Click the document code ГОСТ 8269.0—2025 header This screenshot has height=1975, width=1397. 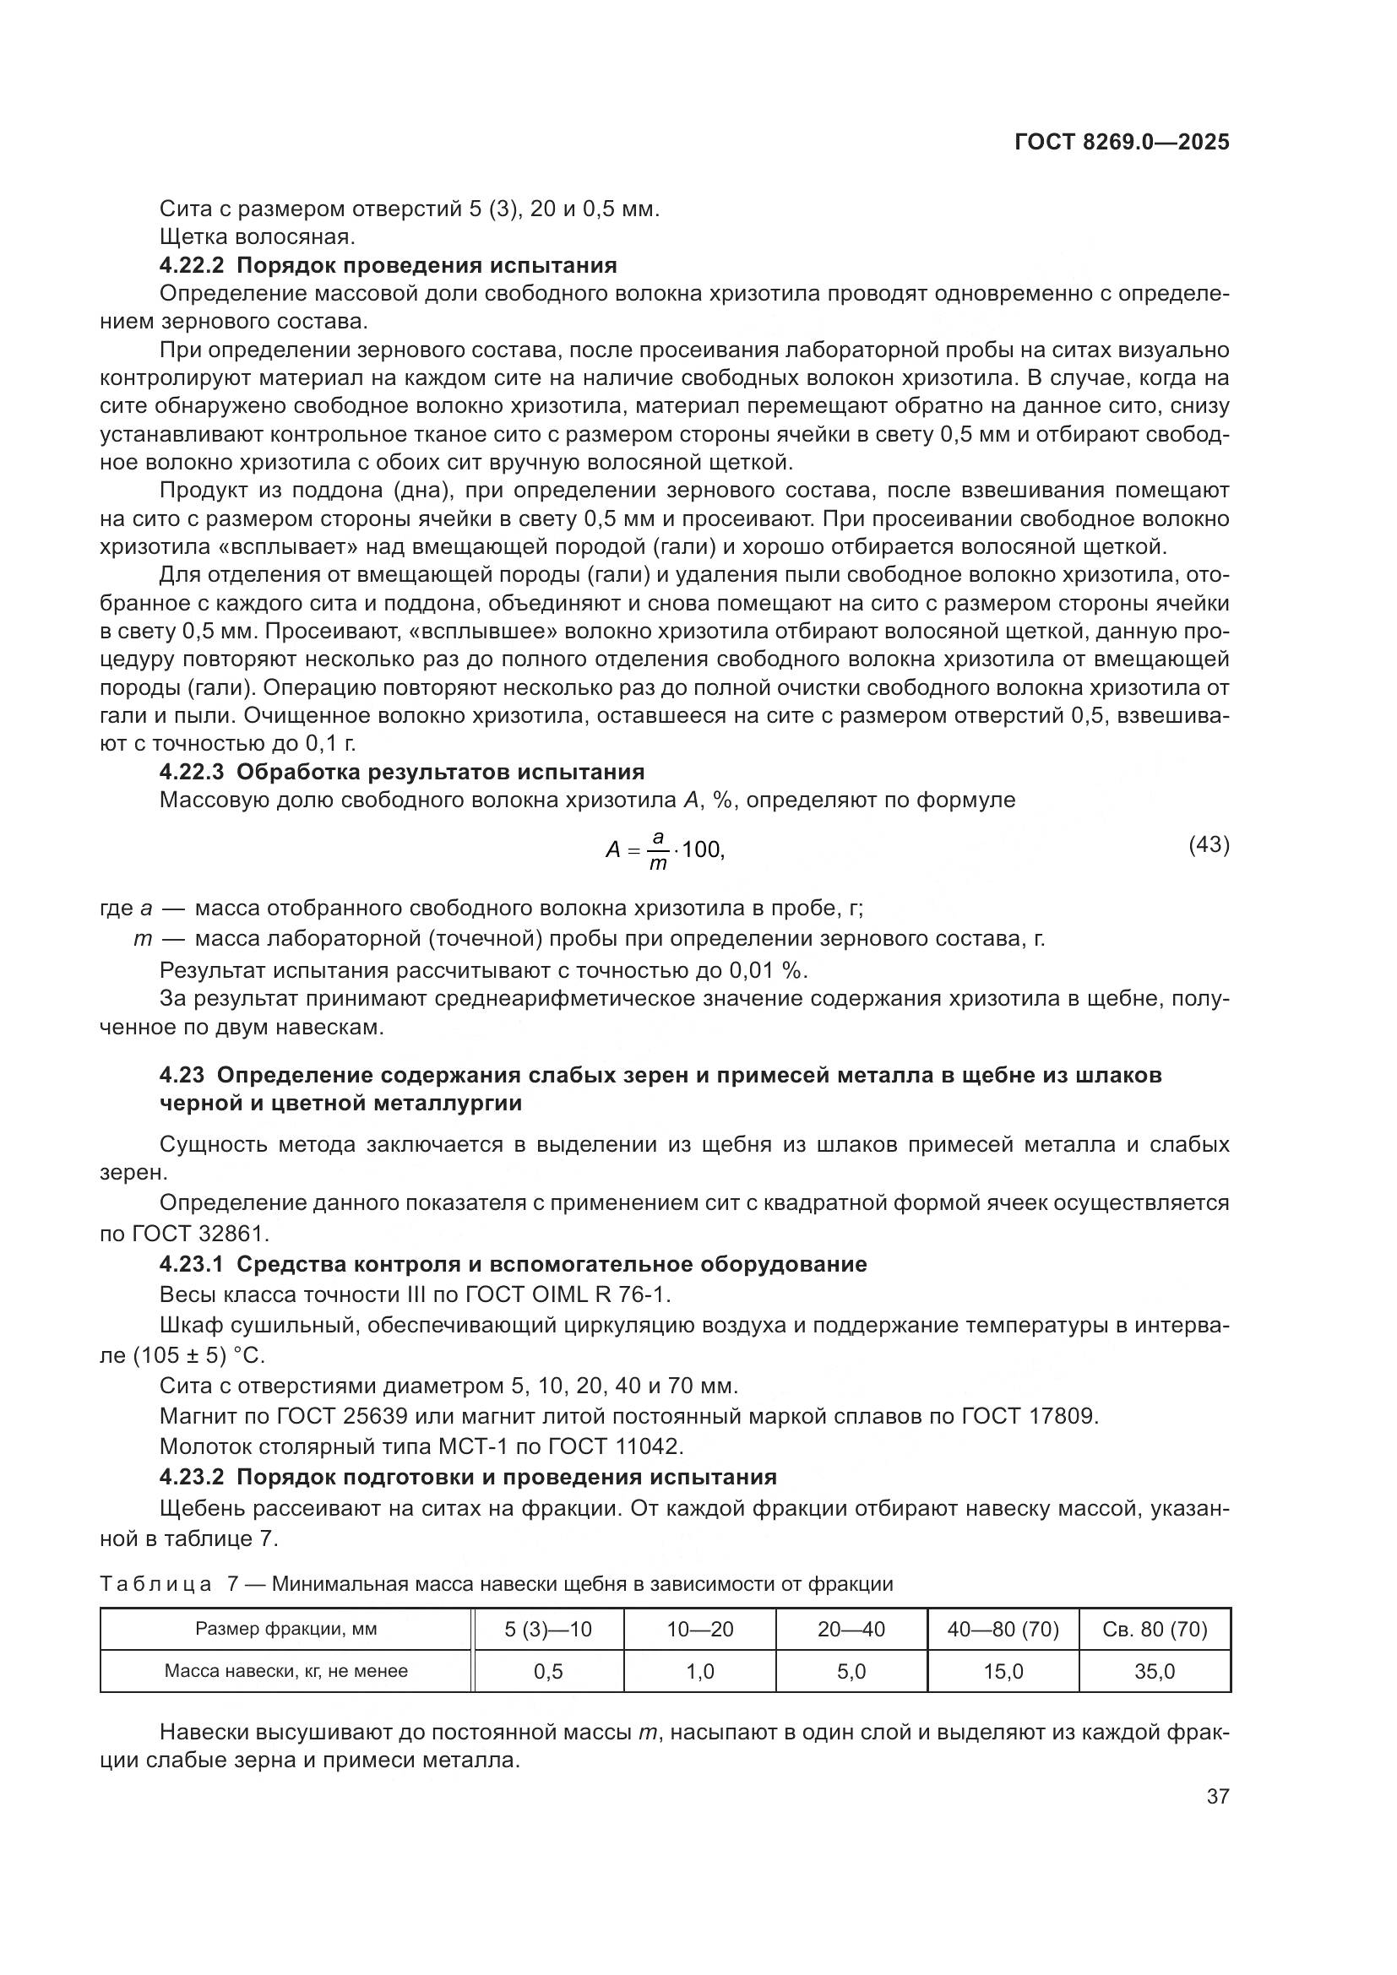click(1121, 142)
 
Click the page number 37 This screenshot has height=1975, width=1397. click(1217, 1796)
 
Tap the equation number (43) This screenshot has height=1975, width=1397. click(1209, 844)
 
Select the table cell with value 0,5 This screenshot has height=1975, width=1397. click(548, 1671)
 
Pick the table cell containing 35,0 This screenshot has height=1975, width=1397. click(1155, 1671)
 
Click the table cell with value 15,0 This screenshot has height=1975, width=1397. click(1003, 1671)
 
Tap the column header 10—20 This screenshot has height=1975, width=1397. click(700, 1629)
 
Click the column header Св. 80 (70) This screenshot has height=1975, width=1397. click(1155, 1629)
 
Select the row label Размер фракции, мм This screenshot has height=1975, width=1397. click(285, 1629)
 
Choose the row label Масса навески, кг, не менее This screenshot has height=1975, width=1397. click(285, 1671)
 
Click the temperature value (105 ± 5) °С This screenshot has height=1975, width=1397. click(198, 1356)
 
